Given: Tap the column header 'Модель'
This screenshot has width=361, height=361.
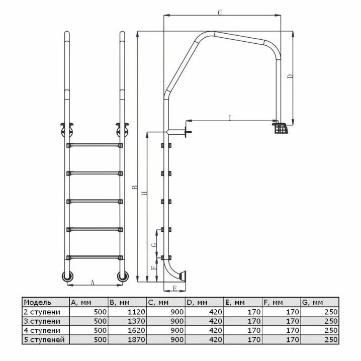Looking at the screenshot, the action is pyautogui.click(x=38, y=303).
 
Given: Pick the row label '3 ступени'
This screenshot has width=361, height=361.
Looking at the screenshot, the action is pyautogui.click(x=42, y=321).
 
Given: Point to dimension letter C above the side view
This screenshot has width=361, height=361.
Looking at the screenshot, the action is pyautogui.click(x=220, y=13).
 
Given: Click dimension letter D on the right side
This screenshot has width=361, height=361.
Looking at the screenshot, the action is pyautogui.click(x=291, y=76).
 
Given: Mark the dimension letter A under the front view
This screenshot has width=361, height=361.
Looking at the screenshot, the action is pyautogui.click(x=93, y=282).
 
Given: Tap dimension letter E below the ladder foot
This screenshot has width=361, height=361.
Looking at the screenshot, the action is pyautogui.click(x=175, y=288).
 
